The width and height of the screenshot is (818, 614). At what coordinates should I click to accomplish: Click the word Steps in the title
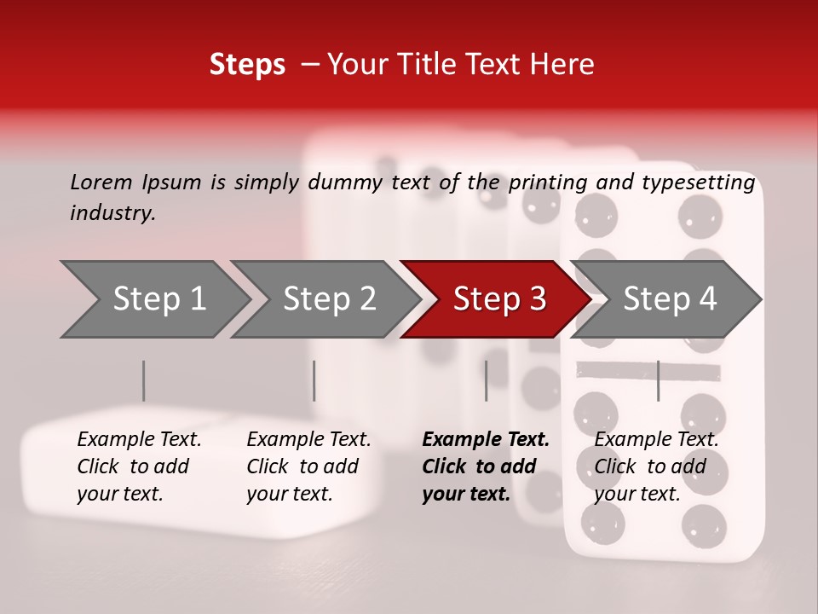[x=247, y=65]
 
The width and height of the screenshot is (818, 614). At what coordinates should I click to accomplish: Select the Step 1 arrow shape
[x=153, y=299]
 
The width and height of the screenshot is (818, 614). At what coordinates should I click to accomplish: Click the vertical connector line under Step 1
[x=144, y=380]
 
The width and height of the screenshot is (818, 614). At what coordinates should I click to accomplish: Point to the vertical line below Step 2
[x=314, y=380]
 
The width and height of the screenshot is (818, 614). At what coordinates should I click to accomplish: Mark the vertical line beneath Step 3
[x=487, y=380]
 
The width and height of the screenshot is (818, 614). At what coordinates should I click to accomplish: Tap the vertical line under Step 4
[x=658, y=380]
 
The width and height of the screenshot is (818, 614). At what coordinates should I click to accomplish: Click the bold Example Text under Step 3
[x=486, y=440]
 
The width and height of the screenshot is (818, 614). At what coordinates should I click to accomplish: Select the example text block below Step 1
[x=139, y=466]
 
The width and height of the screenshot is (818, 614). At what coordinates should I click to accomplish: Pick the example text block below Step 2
[x=308, y=466]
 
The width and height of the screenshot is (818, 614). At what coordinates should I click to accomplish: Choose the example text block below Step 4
[x=656, y=466]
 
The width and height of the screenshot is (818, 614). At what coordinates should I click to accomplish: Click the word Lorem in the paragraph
[x=101, y=182]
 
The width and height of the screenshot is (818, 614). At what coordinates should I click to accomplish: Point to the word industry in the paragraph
[x=112, y=213]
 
